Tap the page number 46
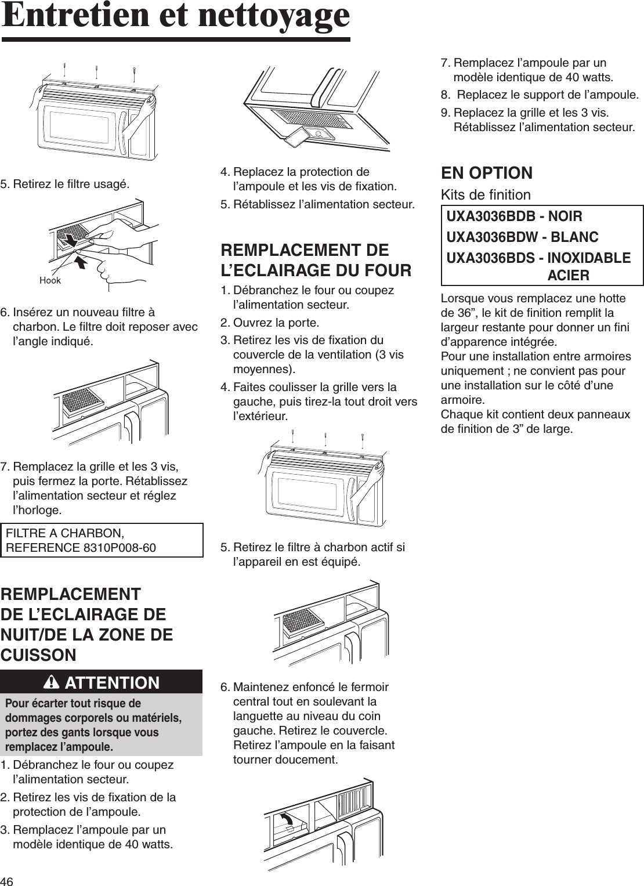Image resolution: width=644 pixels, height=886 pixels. (x=8, y=880)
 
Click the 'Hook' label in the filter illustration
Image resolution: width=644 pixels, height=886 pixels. (x=49, y=280)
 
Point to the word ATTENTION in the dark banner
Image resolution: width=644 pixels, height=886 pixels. (x=113, y=683)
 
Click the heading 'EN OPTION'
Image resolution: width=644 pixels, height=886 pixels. (x=487, y=172)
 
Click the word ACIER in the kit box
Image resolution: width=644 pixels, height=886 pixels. (x=569, y=275)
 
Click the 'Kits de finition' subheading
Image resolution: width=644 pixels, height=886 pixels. (x=486, y=194)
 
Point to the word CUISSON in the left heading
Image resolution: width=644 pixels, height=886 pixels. (x=38, y=655)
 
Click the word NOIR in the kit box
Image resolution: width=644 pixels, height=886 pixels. (x=563, y=216)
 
